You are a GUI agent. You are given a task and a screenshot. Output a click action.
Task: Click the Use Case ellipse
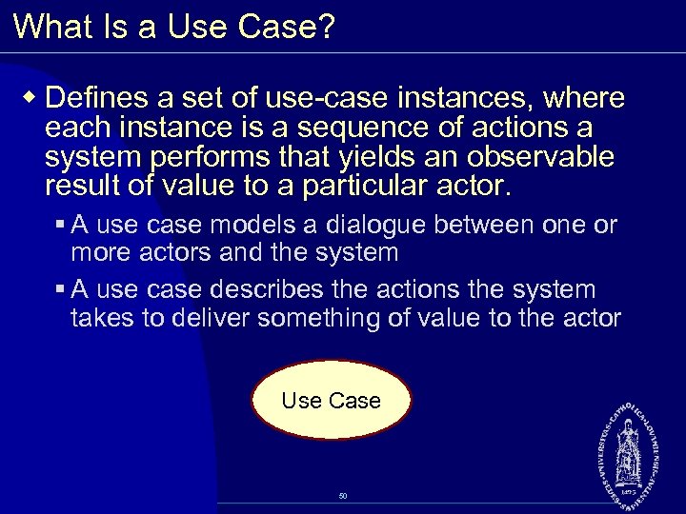pos(331,402)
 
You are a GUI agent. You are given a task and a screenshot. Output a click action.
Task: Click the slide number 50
pos(343,496)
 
